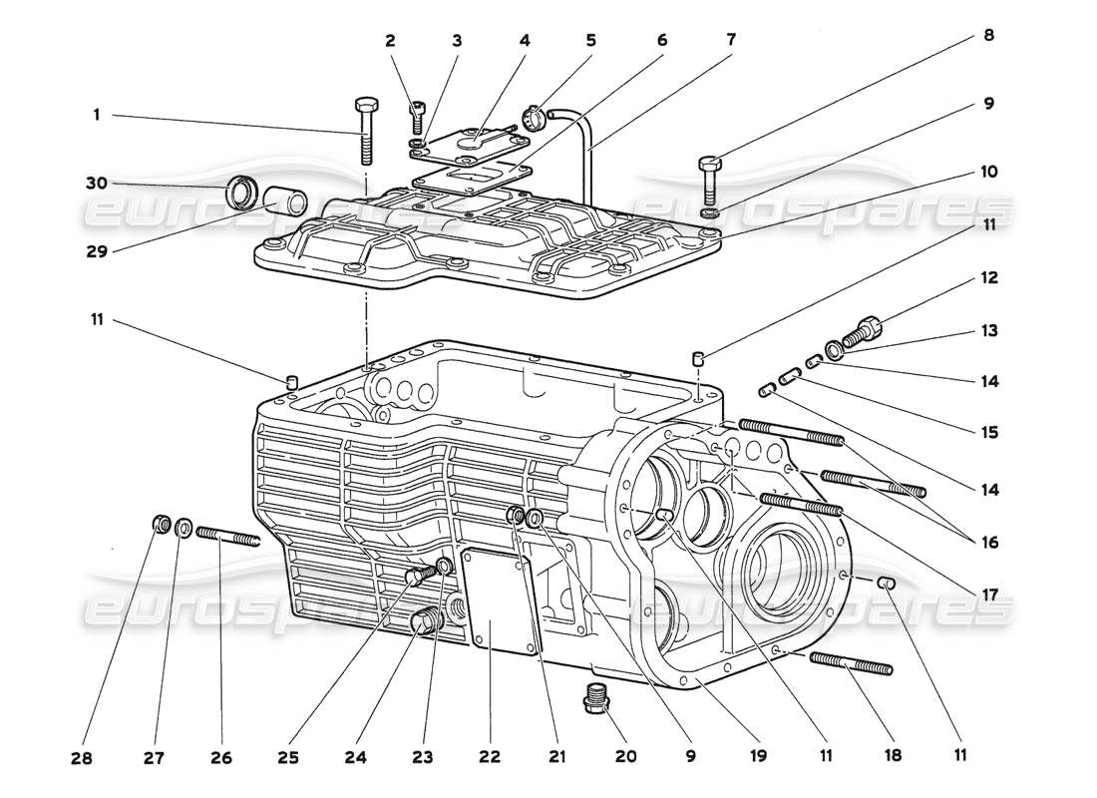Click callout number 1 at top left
(97, 115)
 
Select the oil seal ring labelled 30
(241, 192)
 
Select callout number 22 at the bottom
(489, 758)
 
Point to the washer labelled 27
(183, 528)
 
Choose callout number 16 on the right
(987, 543)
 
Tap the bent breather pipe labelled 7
(586, 150)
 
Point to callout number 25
(287, 758)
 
